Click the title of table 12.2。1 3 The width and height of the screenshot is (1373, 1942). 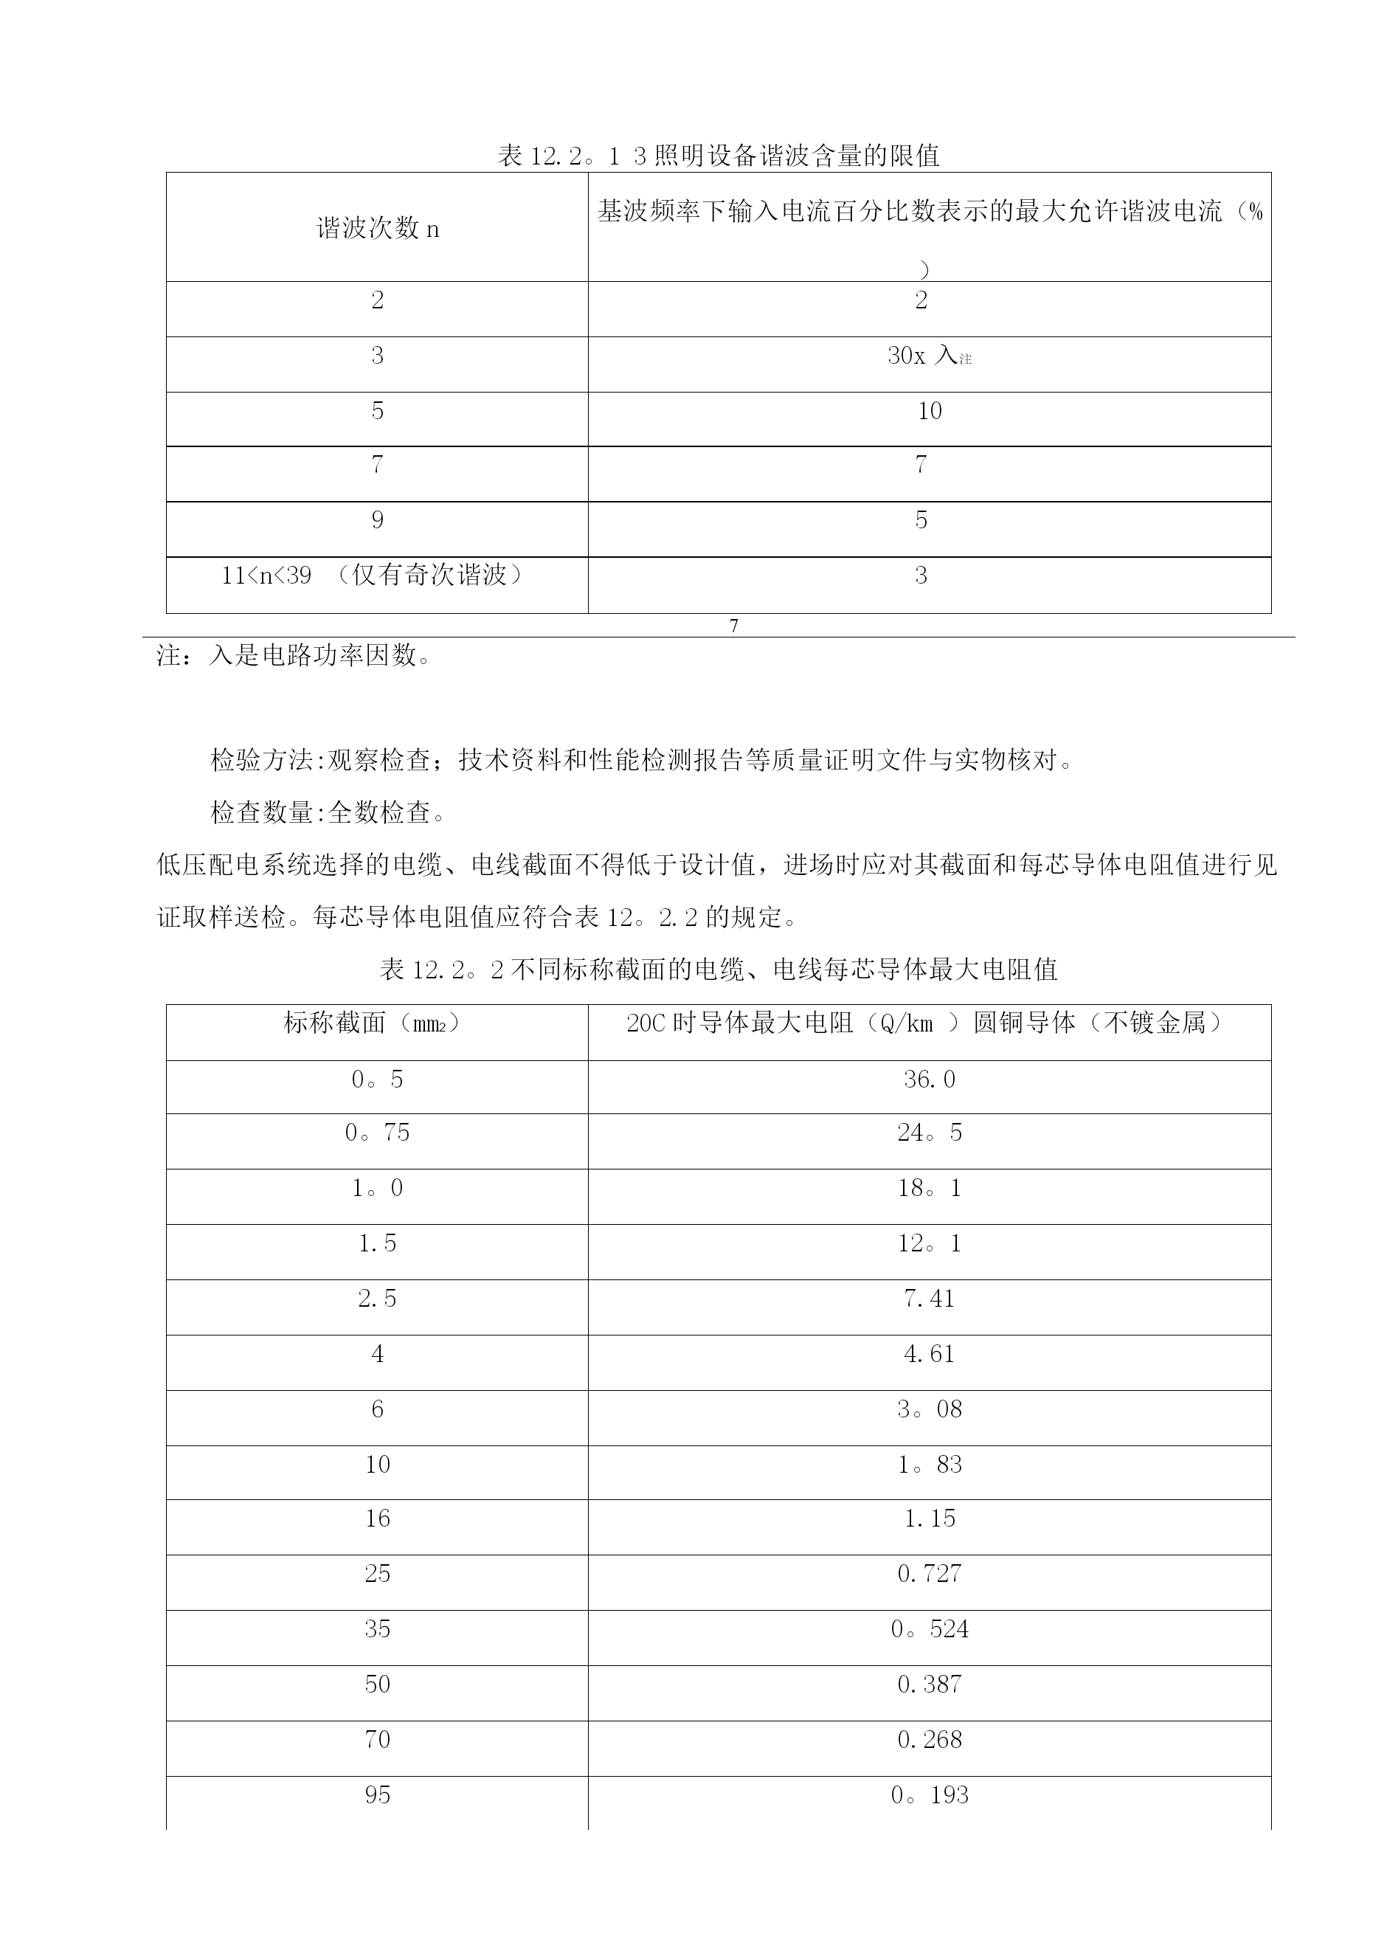pyautogui.click(x=718, y=156)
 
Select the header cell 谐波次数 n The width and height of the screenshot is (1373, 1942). pyautogui.click(x=377, y=229)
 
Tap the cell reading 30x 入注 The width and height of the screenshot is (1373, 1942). pyautogui.click(x=929, y=356)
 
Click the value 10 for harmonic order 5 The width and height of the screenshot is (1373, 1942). pyautogui.click(x=929, y=411)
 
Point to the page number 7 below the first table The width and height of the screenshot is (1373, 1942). pyautogui.click(x=733, y=626)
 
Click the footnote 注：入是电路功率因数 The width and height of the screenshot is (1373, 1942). pyautogui.click(x=294, y=654)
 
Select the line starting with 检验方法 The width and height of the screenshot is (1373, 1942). pyautogui.click(x=642, y=761)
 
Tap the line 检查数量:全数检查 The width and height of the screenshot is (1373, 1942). pyautogui.click(x=328, y=813)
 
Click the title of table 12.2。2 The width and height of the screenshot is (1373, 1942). pyautogui.click(x=718, y=970)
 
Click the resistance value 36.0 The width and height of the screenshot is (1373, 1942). pyautogui.click(x=929, y=1079)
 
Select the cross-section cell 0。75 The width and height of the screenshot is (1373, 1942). pyautogui.click(x=377, y=1133)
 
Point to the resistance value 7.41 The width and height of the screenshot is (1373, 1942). pyautogui.click(x=929, y=1299)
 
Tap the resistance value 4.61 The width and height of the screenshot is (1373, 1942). pyautogui.click(x=929, y=1354)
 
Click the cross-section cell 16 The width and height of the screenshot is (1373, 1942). pyautogui.click(x=377, y=1518)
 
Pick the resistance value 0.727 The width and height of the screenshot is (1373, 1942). pyautogui.click(x=929, y=1573)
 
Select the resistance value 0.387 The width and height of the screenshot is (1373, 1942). pyautogui.click(x=929, y=1684)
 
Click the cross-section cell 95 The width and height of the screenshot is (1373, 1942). pyautogui.click(x=377, y=1795)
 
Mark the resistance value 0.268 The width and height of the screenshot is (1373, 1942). pyautogui.click(x=929, y=1739)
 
